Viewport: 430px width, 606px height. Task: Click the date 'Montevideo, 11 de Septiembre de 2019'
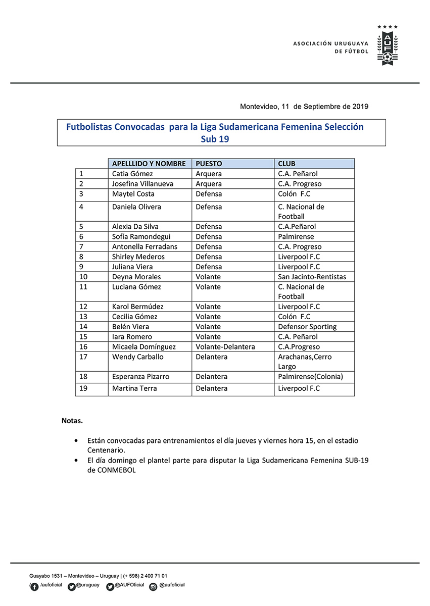pos(304,107)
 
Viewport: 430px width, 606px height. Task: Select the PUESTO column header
pos(209,164)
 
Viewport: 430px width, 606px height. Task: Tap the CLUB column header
pos(286,164)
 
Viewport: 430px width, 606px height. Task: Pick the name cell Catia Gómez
pos(132,174)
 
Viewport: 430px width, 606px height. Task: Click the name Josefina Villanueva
pos(142,184)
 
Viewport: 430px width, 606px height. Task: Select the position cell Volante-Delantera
pos(225,347)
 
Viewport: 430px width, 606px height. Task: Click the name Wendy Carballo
pos(137,357)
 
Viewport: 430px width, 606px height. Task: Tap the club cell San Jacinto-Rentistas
pos(312,277)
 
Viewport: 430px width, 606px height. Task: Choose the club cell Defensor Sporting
pos(307,327)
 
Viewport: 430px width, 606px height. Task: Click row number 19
pos(84,388)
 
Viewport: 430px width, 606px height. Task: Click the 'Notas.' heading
pos(72,420)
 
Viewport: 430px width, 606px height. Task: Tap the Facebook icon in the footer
pos(34,586)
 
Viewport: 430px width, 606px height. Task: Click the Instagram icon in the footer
pos(153,586)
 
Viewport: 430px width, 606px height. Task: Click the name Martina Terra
pos(134,388)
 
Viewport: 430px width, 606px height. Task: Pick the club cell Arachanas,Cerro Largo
pos(305,362)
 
